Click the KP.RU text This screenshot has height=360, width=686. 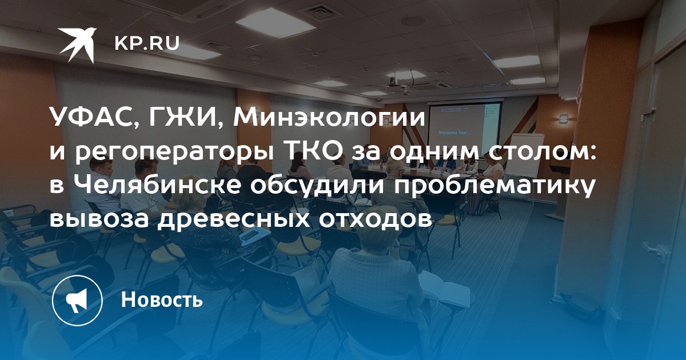147,43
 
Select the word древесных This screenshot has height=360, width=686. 233,219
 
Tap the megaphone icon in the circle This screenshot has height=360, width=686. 77,301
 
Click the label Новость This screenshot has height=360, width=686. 162,299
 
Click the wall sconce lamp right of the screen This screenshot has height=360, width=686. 564,118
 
